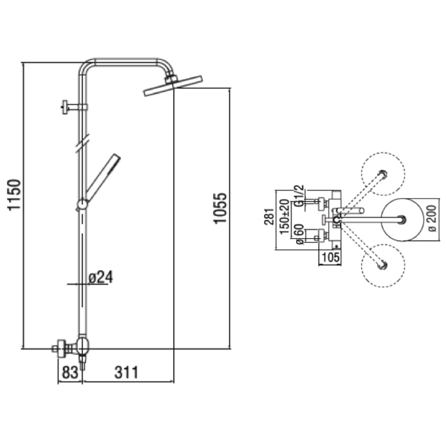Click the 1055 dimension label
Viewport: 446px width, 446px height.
point(220,208)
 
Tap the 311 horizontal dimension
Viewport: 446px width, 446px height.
point(126,372)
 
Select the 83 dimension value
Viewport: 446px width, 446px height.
point(70,372)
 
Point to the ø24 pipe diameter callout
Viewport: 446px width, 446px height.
point(101,277)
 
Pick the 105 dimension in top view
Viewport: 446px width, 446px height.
point(331,257)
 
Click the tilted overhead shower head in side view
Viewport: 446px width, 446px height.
point(173,85)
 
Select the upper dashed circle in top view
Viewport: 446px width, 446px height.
point(383,173)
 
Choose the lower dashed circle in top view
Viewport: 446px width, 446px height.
point(383,266)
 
